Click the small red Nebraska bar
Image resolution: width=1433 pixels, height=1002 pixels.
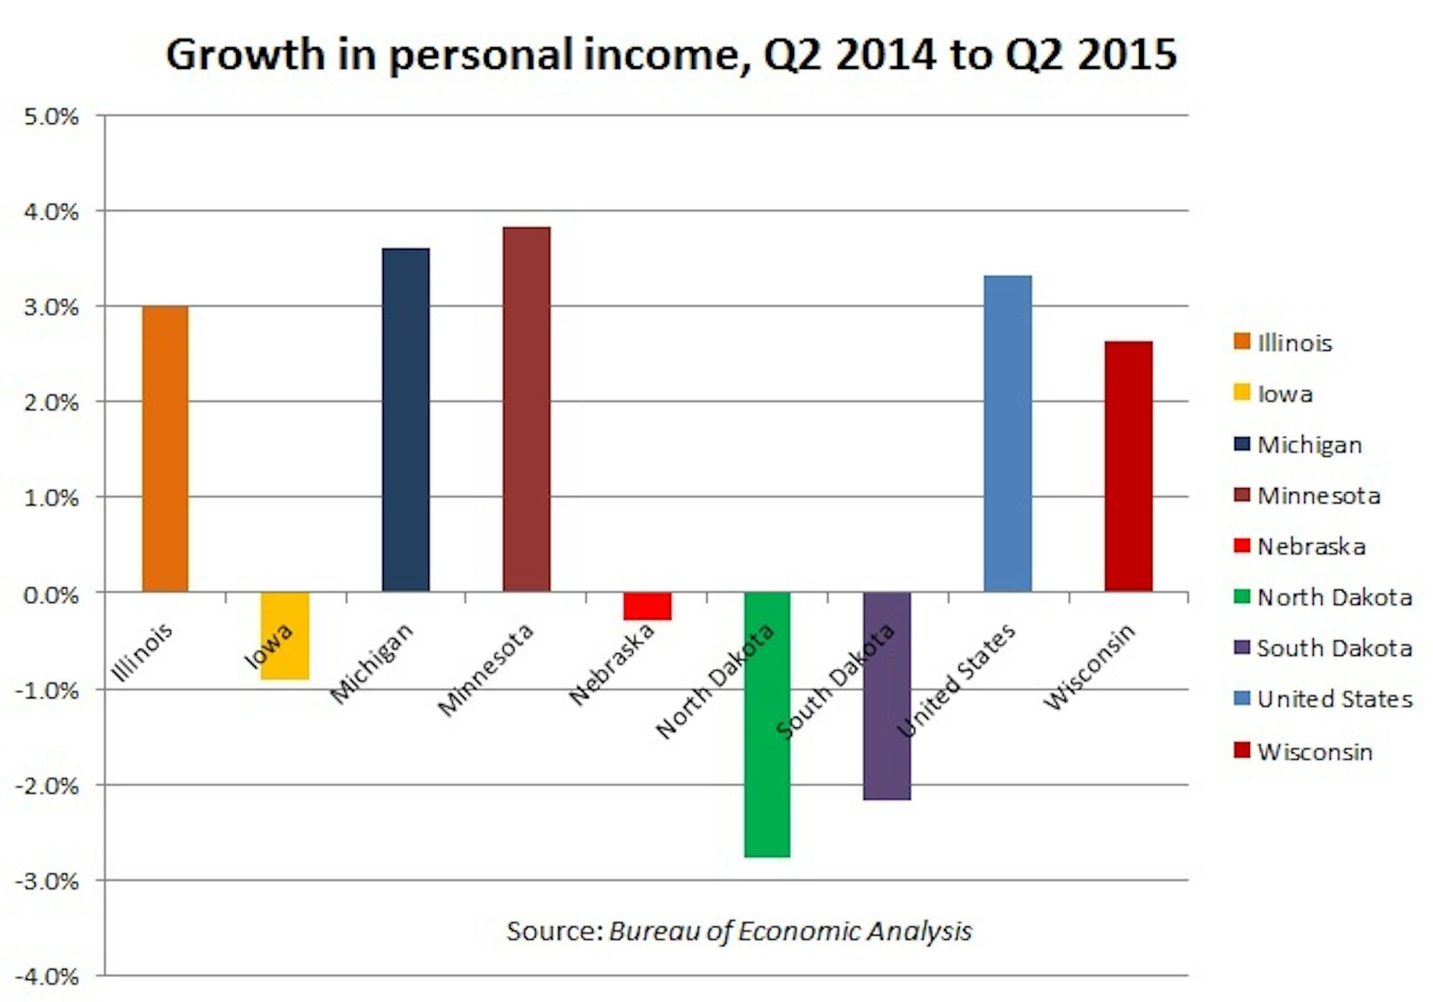point(647,606)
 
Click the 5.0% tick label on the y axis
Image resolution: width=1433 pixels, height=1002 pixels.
point(51,117)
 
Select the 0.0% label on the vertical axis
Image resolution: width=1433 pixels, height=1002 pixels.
point(51,595)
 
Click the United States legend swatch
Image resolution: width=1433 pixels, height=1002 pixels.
point(1242,698)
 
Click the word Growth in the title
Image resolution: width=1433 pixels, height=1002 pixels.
point(245,54)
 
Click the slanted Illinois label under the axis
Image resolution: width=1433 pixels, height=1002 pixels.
point(141,653)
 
